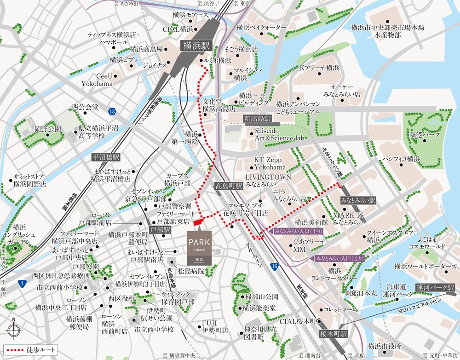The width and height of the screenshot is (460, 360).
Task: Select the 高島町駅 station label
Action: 229,187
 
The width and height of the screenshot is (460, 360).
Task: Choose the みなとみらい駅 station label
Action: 358,201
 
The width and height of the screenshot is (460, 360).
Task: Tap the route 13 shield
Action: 112,111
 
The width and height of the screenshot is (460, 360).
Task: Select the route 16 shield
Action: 275,267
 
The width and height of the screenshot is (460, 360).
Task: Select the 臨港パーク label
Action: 425,135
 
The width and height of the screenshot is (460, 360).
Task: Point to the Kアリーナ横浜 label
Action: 319,68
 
